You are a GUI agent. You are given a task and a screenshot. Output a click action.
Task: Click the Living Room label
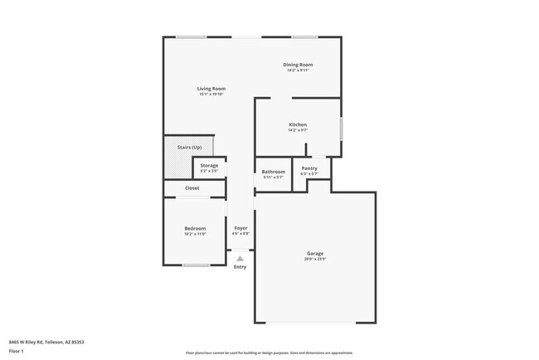click(211, 89)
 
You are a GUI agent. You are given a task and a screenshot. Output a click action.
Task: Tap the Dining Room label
click(298, 65)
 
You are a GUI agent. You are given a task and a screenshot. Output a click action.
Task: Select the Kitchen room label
click(298, 125)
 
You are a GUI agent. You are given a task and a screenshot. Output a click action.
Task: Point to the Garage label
click(315, 253)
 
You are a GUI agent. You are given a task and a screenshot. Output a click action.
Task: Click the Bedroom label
click(195, 228)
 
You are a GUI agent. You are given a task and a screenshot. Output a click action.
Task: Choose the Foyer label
click(240, 228)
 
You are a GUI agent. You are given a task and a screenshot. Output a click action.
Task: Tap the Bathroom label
click(274, 172)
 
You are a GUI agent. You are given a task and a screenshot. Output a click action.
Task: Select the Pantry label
click(309, 168)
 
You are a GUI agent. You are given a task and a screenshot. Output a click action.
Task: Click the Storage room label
click(209, 165)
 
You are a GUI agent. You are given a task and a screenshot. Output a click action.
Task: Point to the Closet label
click(192, 188)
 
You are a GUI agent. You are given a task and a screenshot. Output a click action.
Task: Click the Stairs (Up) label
click(189, 147)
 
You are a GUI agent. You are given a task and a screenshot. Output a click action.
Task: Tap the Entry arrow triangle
click(240, 259)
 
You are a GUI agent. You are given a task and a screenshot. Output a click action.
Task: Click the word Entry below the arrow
click(240, 267)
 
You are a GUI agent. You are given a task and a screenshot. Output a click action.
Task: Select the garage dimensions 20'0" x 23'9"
click(315, 259)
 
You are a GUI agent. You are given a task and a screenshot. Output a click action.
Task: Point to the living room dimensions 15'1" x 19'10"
click(211, 95)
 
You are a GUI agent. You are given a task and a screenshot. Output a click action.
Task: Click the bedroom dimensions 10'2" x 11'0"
click(195, 234)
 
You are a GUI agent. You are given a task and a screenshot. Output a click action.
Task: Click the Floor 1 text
click(17, 351)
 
